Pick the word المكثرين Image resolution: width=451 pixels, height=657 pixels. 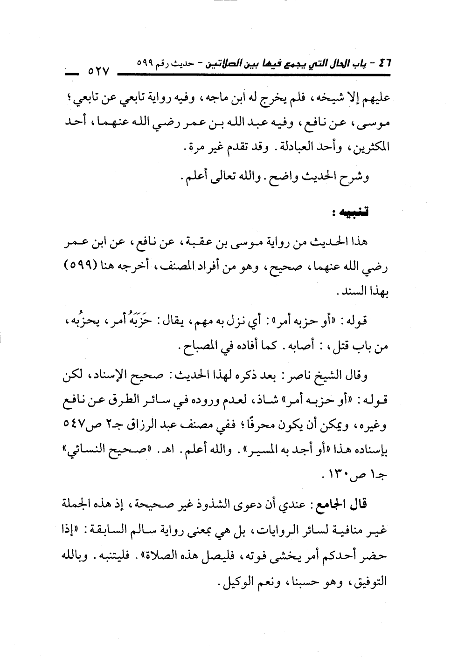[x=369, y=148]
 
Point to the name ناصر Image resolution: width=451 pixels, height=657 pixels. [x=295, y=376]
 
